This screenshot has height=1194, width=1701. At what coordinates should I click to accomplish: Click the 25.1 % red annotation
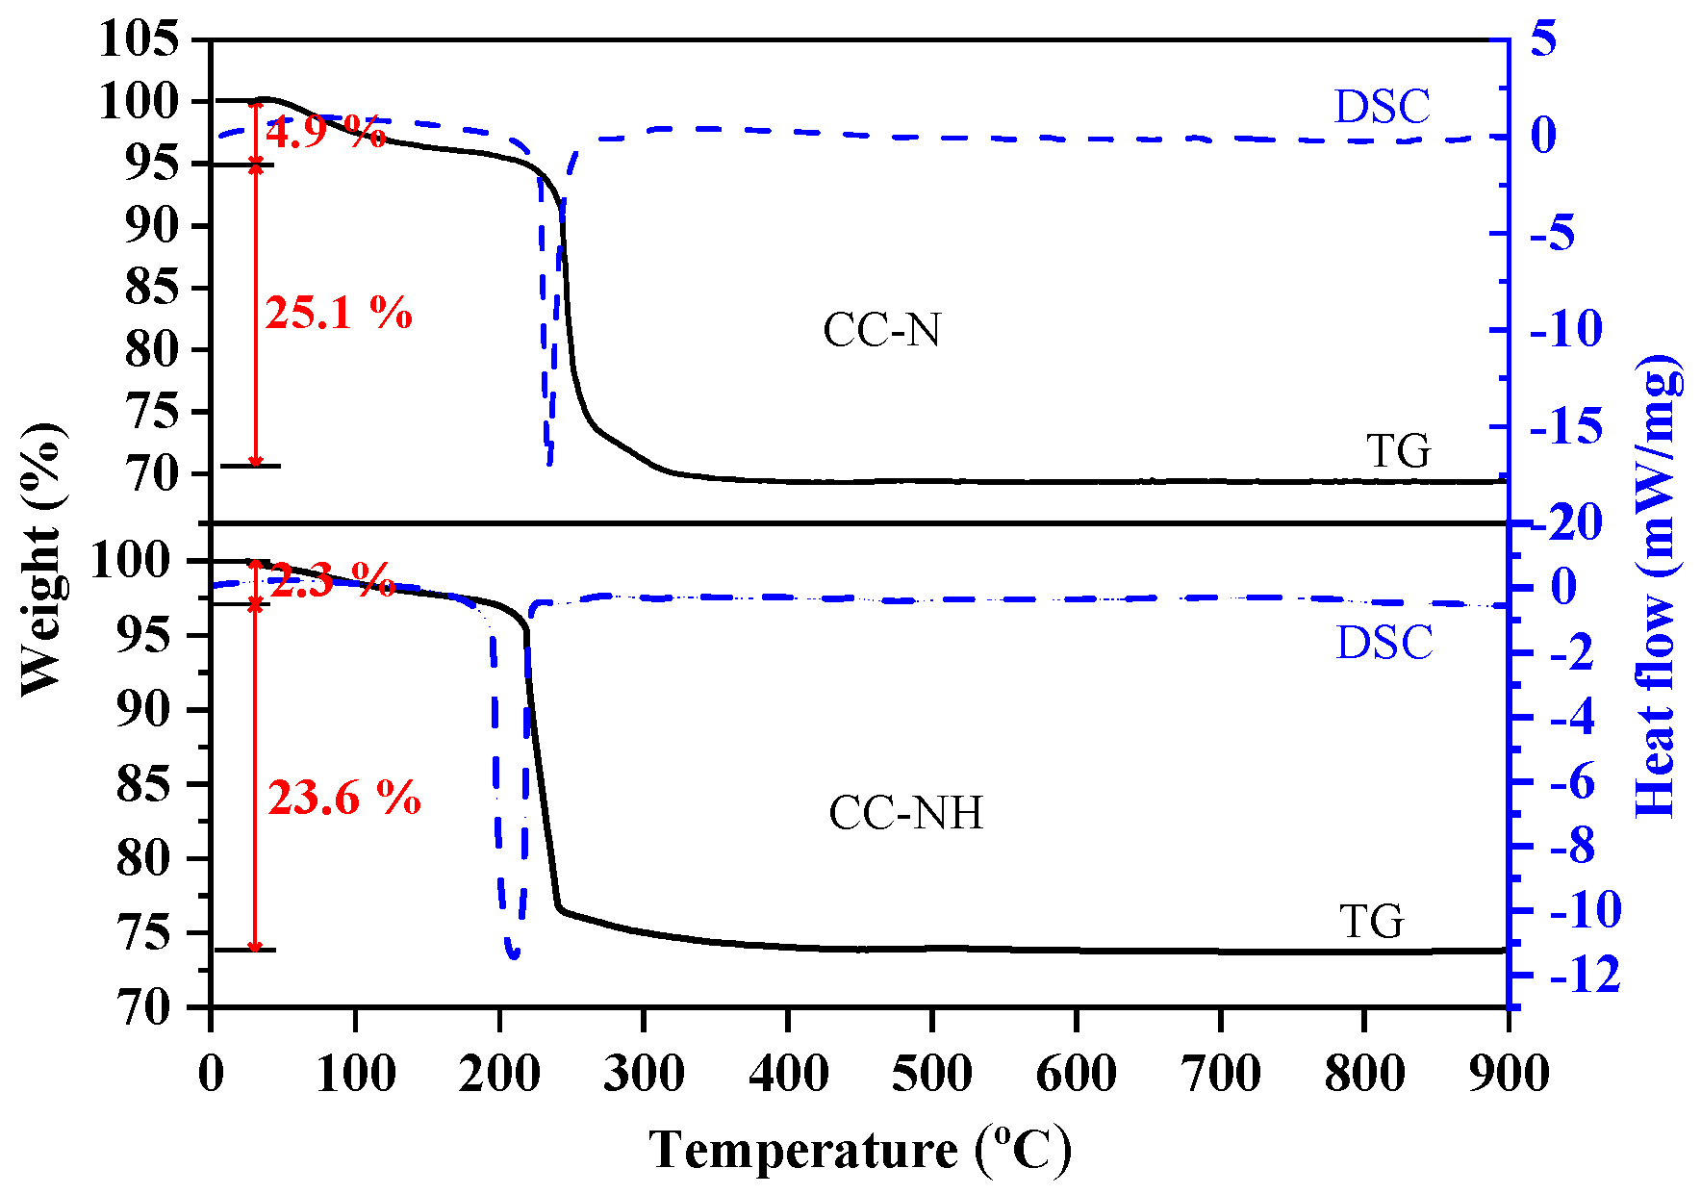point(339,314)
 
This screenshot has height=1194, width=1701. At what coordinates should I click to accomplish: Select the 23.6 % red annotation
point(343,799)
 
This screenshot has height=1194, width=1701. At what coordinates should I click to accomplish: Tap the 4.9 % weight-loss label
point(325,133)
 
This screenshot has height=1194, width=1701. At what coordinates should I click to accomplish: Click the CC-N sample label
point(881,331)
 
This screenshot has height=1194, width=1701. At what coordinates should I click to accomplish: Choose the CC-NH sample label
point(905,814)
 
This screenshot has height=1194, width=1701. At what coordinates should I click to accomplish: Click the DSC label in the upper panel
point(1382,107)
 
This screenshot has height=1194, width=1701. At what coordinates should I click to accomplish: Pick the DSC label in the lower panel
point(1384,643)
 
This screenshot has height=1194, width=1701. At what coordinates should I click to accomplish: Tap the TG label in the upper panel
point(1399,451)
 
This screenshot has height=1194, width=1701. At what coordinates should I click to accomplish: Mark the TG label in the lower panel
point(1372,922)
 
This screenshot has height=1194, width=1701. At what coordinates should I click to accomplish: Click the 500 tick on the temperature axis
point(931,1073)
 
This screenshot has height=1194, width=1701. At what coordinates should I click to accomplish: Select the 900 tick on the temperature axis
point(1509,1073)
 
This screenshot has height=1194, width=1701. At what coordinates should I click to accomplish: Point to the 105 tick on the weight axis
point(140,40)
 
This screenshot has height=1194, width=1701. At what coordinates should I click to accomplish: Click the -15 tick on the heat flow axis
point(1566,426)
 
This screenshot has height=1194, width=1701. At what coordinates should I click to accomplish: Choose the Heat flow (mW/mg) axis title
point(1658,587)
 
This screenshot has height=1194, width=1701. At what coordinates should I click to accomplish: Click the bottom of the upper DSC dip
point(549,463)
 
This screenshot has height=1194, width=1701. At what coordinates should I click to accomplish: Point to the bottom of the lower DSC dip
point(512,955)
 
